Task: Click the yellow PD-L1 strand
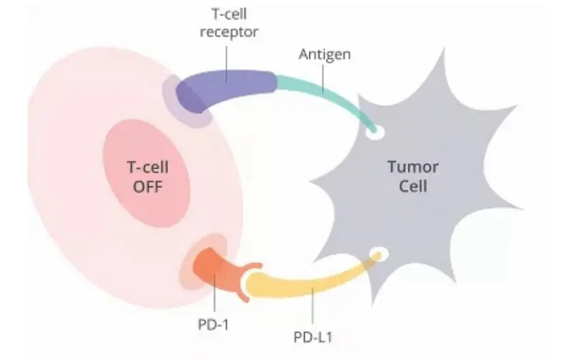[311, 282]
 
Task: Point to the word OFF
[148, 187]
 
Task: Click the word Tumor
[413, 167]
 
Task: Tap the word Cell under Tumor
[413, 186]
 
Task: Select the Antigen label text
[324, 55]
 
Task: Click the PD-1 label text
[213, 324]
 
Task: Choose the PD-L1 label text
[313, 337]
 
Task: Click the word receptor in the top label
[230, 32]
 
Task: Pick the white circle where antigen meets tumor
[374, 133]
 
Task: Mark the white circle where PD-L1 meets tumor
[378, 253]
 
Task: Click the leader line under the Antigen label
[323, 79]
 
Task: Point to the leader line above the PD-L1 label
[312, 306]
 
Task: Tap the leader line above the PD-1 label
[215, 293]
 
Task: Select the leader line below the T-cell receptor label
[227, 64]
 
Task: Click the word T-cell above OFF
[148, 167]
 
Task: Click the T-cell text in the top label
[230, 14]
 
